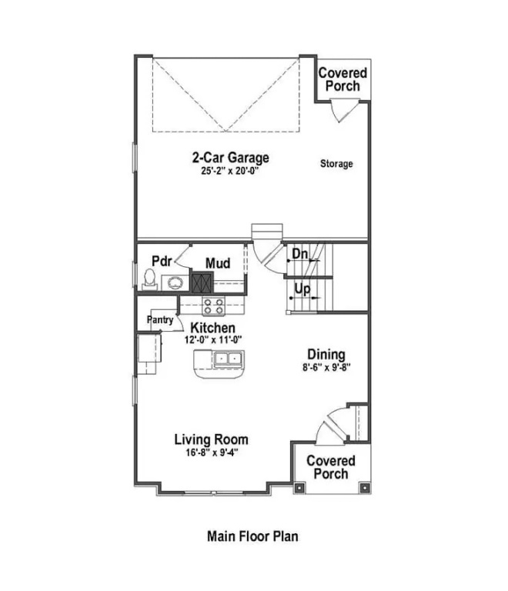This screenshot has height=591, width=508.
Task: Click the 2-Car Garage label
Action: (x=230, y=158)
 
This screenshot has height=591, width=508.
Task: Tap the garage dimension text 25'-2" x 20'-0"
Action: (x=230, y=172)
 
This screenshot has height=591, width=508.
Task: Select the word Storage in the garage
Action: (x=336, y=164)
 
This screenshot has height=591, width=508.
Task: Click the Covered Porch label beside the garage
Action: (x=343, y=79)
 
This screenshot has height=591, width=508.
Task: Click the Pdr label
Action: (x=161, y=260)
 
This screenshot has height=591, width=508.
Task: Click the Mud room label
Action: (x=218, y=264)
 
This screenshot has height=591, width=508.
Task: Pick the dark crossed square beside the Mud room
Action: (x=201, y=282)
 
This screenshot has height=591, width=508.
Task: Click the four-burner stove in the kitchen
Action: (x=213, y=307)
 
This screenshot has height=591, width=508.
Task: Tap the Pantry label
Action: (x=159, y=319)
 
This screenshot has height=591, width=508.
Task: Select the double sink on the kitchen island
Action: (x=228, y=359)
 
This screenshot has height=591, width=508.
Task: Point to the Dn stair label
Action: (x=299, y=254)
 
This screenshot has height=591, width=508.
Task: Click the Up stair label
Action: (x=301, y=291)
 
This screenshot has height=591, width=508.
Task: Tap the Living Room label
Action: (x=211, y=439)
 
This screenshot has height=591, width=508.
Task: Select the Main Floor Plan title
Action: (x=252, y=536)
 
